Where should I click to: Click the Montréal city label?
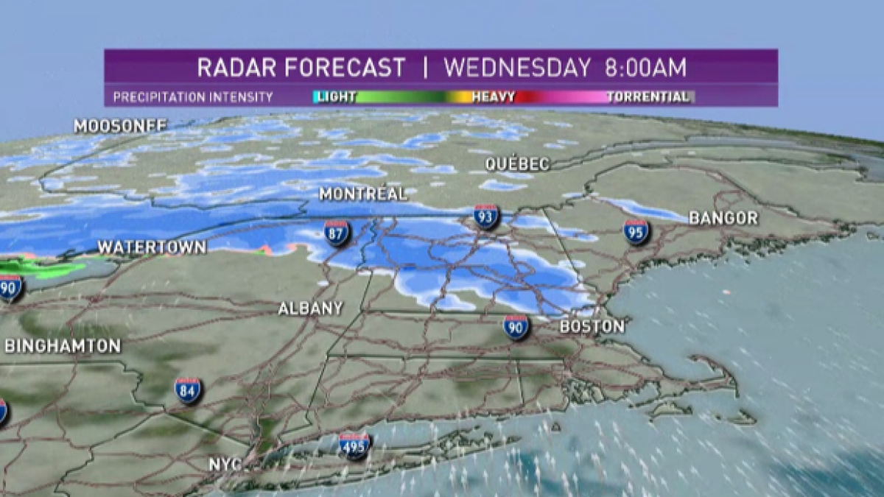coord(362,194)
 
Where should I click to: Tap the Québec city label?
coord(517,164)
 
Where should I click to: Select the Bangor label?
coord(723,218)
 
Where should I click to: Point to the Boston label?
coord(592,326)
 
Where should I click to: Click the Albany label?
coord(310,309)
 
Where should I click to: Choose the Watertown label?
coord(152,247)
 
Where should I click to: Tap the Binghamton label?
coord(63,346)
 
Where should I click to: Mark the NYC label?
coord(225,465)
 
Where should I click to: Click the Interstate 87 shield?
coord(337,233)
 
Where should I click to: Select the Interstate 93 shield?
coord(486,216)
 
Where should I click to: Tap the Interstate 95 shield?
coord(636,232)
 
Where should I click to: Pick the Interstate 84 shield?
coord(188,390)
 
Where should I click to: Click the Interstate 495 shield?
coord(354,445)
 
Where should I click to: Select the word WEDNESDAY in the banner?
coord(517,68)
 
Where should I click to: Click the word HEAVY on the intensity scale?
coord(493,96)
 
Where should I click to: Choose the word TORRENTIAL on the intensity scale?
coord(648,96)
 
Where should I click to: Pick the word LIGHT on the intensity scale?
coord(336,96)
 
